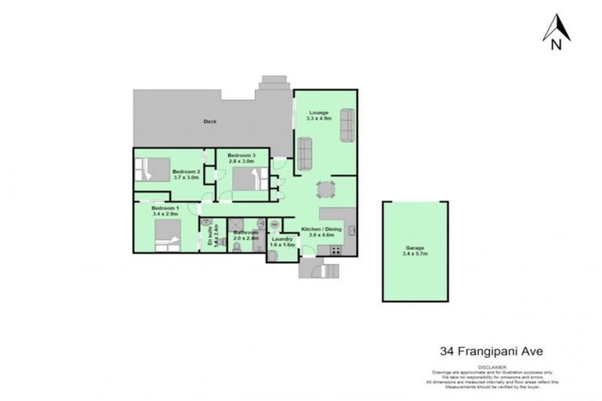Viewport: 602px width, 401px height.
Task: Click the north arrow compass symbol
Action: [x=556, y=31]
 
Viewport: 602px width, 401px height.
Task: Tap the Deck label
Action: [x=210, y=121]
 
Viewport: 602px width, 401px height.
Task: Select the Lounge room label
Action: [x=319, y=112]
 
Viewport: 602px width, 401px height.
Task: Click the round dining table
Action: [x=325, y=189]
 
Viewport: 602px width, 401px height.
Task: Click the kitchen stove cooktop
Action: [x=335, y=250]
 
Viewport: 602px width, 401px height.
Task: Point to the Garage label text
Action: [x=415, y=247]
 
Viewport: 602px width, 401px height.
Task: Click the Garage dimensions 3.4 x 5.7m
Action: [x=416, y=254]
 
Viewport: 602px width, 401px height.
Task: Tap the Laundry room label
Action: [x=282, y=239]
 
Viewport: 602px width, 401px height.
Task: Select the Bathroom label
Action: [x=246, y=233]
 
